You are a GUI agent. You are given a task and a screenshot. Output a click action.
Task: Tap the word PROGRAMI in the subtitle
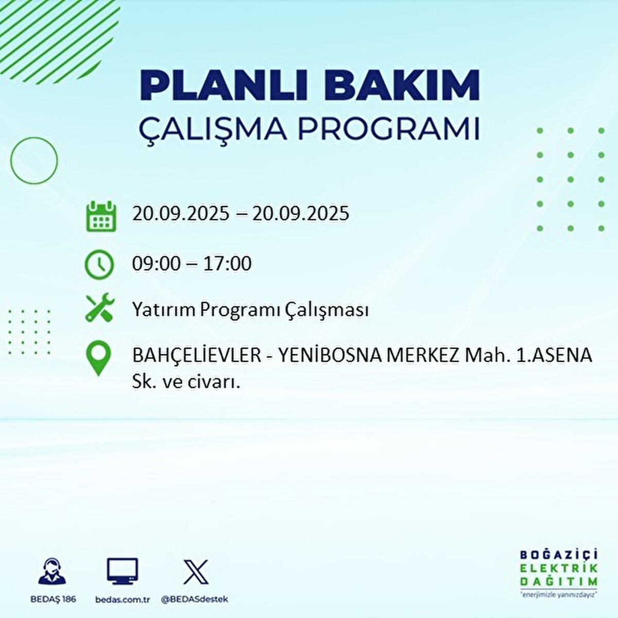(388, 130)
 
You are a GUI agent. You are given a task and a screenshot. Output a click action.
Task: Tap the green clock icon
(99, 265)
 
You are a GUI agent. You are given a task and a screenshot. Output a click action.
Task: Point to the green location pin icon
(99, 358)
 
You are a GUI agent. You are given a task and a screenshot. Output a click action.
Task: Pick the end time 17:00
(227, 264)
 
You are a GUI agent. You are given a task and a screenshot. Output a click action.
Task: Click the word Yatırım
(164, 311)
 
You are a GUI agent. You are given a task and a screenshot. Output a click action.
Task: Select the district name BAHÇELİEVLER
(197, 355)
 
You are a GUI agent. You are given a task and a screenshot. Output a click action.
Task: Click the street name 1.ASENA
(554, 355)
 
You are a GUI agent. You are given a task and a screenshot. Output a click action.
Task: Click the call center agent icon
(52, 572)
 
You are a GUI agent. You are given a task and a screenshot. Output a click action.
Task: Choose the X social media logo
(196, 572)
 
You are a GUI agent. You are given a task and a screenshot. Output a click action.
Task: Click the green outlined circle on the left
(34, 161)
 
